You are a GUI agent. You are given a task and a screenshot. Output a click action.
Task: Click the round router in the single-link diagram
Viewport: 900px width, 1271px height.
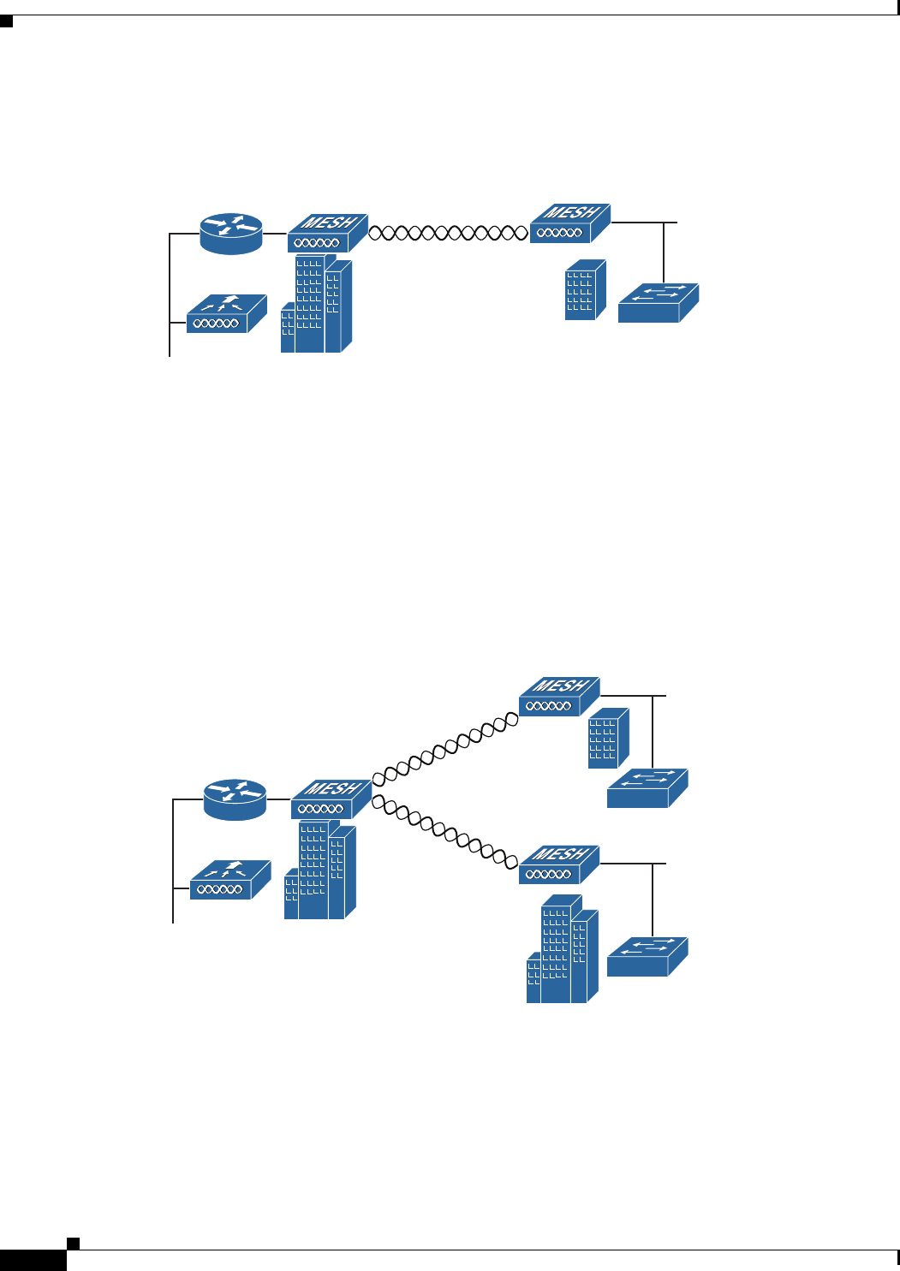coord(231,234)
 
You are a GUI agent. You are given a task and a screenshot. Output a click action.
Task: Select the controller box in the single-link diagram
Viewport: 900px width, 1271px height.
coord(226,314)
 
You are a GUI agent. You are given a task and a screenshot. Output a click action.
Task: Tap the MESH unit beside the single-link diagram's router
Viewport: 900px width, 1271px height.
coord(326,233)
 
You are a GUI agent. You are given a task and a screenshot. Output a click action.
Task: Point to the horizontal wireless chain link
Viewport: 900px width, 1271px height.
coord(448,232)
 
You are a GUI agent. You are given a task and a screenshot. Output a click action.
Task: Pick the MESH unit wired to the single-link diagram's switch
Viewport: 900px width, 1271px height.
coord(569,223)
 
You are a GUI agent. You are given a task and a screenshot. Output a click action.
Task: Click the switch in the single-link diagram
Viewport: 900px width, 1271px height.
coord(658,303)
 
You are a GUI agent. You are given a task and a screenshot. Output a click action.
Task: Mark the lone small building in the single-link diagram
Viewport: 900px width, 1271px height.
coord(585,290)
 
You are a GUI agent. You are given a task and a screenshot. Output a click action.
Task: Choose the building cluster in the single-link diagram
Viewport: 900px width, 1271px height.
coord(316,304)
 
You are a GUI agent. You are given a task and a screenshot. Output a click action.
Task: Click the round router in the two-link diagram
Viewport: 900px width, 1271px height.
coord(235,799)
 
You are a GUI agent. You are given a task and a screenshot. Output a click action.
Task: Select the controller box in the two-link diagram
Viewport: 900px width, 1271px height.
coord(229,881)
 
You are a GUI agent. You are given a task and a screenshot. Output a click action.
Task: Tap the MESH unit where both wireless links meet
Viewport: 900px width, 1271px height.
coord(331,799)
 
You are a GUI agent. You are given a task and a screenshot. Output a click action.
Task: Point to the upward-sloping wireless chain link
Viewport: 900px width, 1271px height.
coord(446,749)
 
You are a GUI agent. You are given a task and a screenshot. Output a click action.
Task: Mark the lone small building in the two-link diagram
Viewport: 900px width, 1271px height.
coord(608,738)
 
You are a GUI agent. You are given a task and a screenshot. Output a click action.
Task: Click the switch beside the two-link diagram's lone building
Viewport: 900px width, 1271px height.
coord(647,788)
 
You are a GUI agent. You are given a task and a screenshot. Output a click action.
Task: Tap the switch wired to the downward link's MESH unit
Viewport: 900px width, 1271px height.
coord(647,957)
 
